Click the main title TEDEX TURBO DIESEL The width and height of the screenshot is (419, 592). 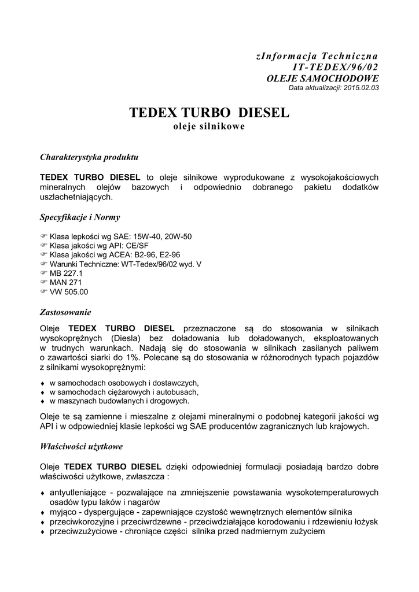coord(209,112)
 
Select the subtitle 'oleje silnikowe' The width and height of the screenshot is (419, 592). coord(209,127)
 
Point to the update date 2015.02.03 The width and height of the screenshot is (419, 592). coord(361,87)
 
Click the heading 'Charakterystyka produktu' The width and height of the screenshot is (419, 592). coord(89,157)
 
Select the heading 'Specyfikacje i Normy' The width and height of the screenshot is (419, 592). coord(80,217)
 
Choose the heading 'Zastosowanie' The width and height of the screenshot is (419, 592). coord(65,312)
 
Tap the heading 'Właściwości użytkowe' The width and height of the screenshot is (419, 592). coord(81,446)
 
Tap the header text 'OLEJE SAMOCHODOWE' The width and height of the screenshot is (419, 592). coord(322,77)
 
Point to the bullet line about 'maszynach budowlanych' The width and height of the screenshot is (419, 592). coord(119,401)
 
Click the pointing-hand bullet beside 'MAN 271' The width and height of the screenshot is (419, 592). coord(43,282)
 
